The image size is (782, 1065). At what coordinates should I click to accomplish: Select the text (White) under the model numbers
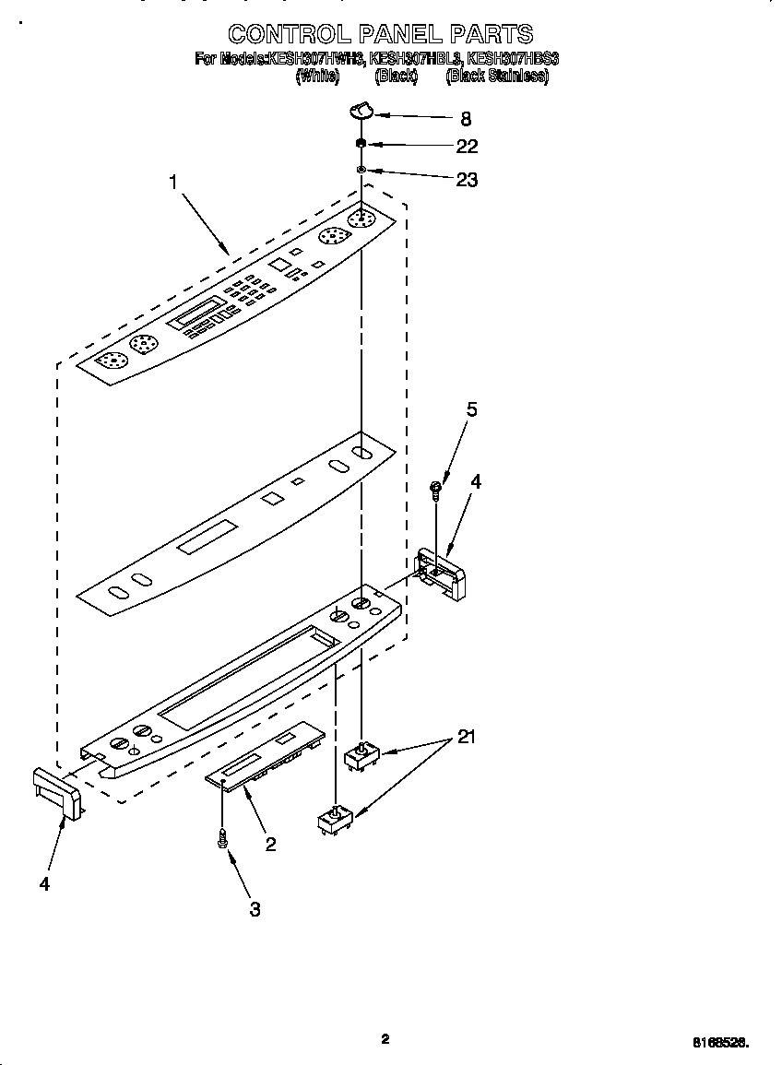tap(315, 77)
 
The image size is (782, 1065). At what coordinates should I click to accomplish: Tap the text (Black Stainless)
tap(496, 77)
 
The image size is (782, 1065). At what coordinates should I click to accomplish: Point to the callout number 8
tap(465, 118)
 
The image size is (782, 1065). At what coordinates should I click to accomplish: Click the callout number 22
tap(467, 147)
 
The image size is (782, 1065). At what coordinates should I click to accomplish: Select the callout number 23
tap(467, 180)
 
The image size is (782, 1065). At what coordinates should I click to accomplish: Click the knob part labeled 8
tap(361, 112)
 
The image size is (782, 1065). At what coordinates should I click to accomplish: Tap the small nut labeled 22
tap(361, 144)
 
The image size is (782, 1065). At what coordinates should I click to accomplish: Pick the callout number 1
tap(172, 183)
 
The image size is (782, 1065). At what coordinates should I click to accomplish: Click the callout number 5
tap(471, 410)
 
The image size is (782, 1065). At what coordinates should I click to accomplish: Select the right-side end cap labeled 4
tap(443, 574)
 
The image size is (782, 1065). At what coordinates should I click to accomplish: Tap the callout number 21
tap(467, 737)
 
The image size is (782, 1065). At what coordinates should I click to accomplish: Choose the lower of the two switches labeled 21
tap(334, 821)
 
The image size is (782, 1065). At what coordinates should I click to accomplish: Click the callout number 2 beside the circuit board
tap(270, 844)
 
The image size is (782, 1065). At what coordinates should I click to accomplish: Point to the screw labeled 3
tap(222, 838)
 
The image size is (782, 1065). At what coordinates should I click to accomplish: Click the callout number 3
tap(255, 909)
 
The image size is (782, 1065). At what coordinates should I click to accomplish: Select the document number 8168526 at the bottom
tap(720, 1042)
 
